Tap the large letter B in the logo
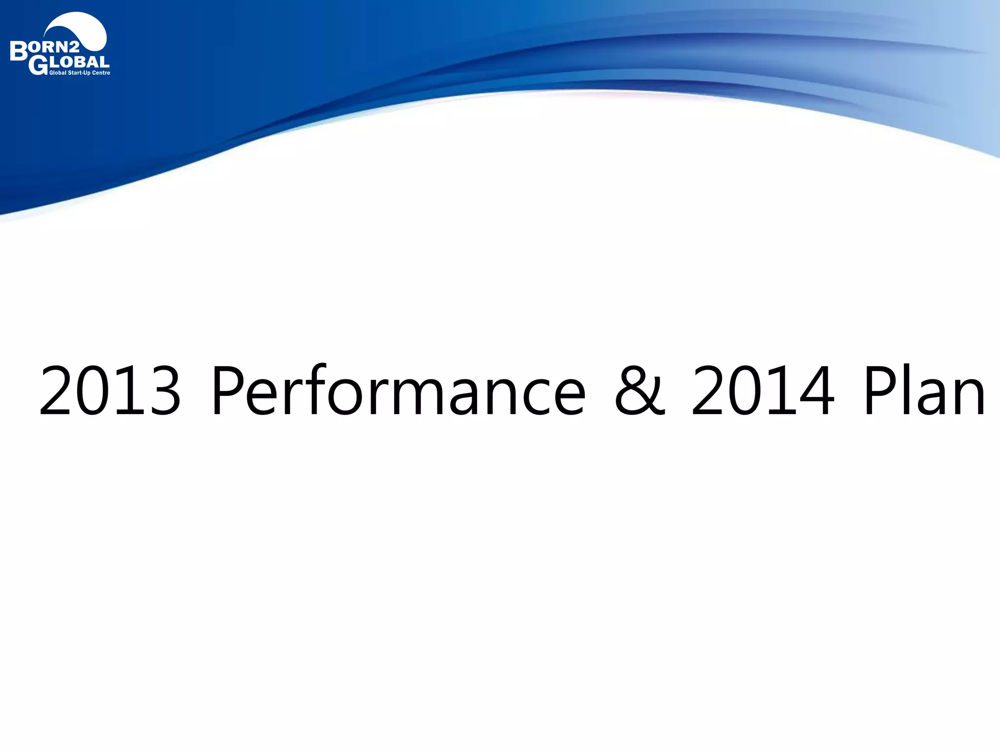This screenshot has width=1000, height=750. pos(19,51)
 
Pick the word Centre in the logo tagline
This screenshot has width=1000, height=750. pos(101,73)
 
